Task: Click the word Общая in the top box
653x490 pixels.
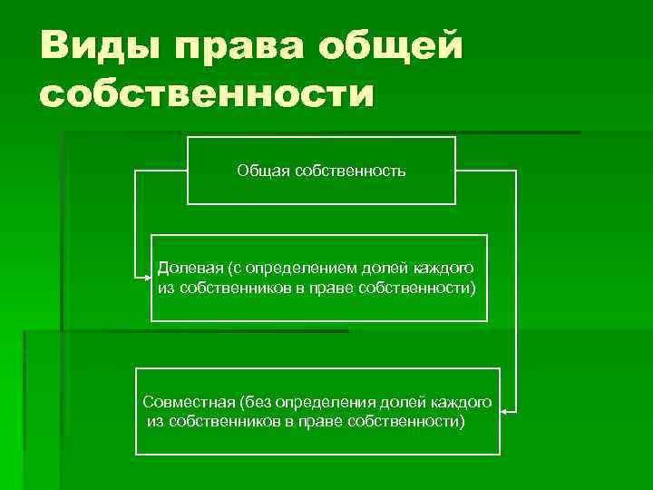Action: click(x=262, y=170)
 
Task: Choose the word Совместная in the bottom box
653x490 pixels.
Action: click(x=188, y=402)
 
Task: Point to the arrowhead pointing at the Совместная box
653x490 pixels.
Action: click(x=506, y=411)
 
